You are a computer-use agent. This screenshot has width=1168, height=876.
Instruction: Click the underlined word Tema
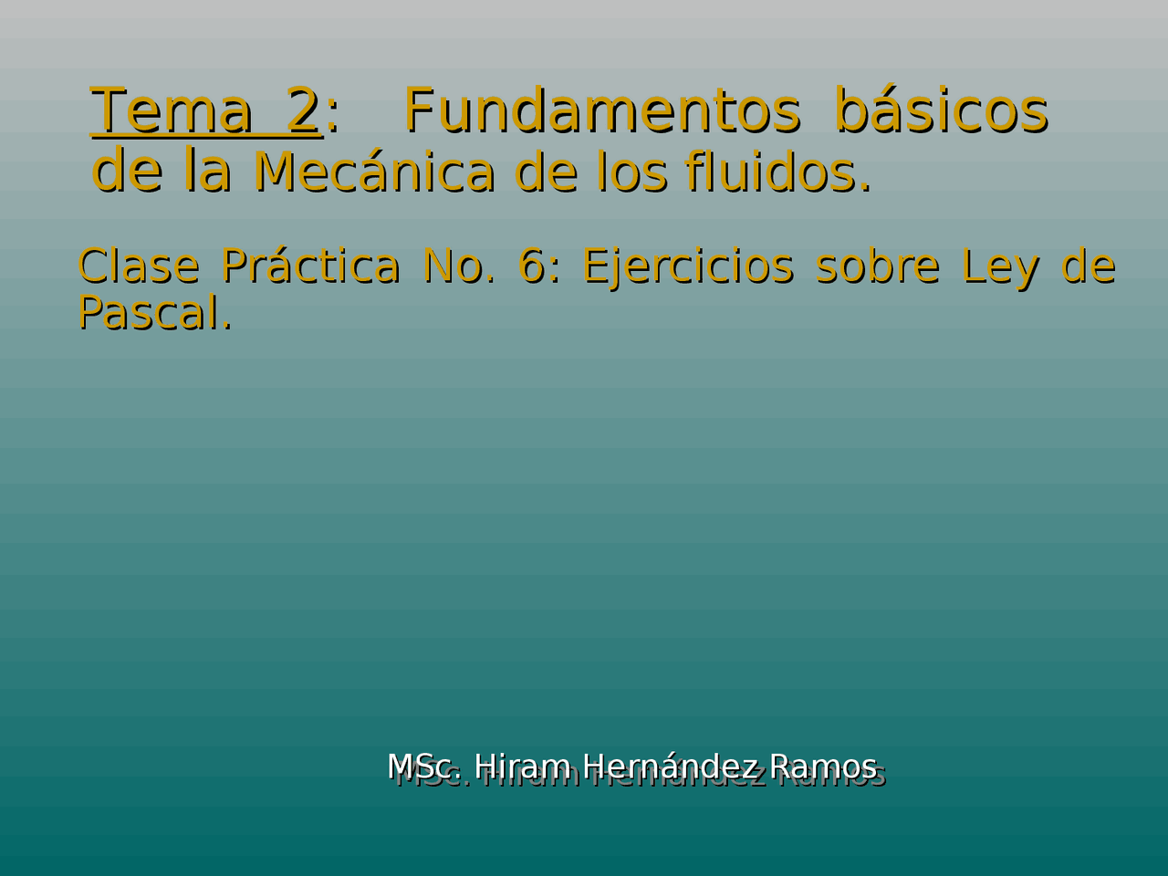click(x=172, y=111)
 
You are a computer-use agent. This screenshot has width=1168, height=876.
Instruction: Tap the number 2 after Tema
click(x=302, y=111)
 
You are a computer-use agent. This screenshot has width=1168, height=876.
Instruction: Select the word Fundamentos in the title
click(x=602, y=111)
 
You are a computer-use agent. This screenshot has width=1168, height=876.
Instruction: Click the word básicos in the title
click(x=942, y=111)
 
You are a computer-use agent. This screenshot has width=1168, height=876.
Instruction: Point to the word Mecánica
click(x=374, y=172)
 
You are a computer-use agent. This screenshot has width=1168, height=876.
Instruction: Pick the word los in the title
click(x=632, y=172)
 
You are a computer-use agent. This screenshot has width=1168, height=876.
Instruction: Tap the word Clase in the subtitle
click(x=138, y=266)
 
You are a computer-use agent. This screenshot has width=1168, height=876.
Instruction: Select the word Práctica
click(x=310, y=266)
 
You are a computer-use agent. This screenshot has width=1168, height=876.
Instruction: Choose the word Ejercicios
click(x=688, y=266)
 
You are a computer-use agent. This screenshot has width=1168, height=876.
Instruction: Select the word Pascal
click(x=153, y=313)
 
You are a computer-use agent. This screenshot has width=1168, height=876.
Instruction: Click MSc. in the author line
click(x=425, y=766)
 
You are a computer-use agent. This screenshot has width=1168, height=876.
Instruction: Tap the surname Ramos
click(x=823, y=766)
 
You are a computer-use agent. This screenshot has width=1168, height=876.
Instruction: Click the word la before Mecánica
click(x=207, y=172)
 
